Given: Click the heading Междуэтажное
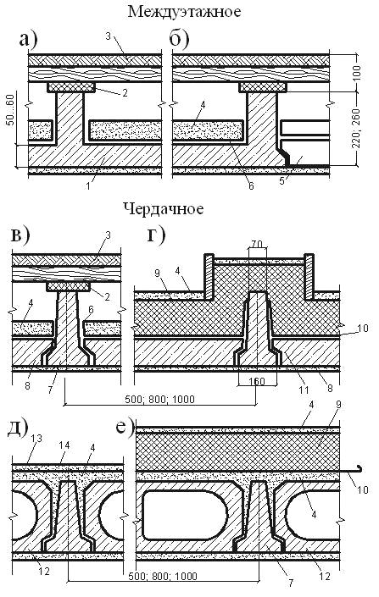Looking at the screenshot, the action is coord(184,11).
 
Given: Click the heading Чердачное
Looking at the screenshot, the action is coord(163,208).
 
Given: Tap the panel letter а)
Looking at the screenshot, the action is coord(28,40).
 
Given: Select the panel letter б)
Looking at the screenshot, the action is coord(179,40).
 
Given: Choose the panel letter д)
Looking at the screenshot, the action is coord(18,430).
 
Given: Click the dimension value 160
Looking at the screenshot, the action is coord(257,381).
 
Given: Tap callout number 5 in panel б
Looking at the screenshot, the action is coord(282,181).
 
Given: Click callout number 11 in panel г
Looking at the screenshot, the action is coord(304,390).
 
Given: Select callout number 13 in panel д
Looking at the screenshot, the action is coord(36,439).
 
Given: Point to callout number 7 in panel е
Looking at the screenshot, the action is coord(291,583).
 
